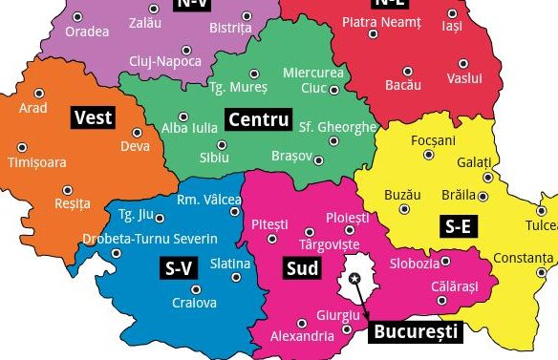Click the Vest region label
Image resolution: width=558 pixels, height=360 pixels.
coord(94,118)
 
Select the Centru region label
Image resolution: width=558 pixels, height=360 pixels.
coord(257,120)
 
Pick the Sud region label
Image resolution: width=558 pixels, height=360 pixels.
coord(302,269)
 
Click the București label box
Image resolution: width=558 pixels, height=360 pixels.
coord(415,332)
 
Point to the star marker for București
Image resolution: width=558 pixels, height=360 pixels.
coord(354,278)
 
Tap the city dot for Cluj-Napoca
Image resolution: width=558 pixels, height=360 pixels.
coord(186,50)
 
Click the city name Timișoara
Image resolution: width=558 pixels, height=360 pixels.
coord(37,162)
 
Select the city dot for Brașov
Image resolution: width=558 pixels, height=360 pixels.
coord(319,160)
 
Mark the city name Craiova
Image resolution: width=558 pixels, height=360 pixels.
coord(194,304)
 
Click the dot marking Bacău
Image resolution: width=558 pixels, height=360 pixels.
coord(408,72)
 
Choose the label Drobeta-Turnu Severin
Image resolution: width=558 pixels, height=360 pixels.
coord(150,238)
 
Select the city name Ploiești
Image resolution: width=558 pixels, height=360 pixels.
coord(347,219)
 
